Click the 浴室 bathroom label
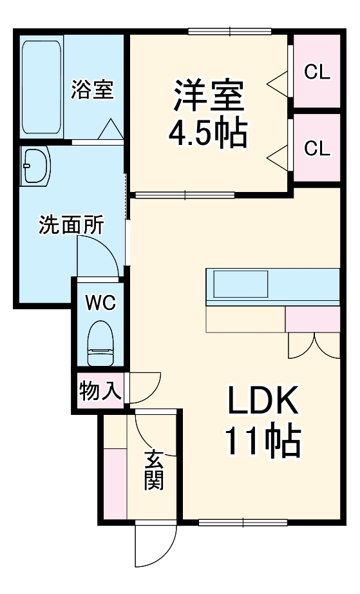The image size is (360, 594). [93, 90]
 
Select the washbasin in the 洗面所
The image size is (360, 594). [35, 166]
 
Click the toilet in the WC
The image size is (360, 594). [100, 345]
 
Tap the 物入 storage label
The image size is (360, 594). [100, 390]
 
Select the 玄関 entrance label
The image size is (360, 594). [153, 470]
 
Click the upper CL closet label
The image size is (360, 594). [317, 72]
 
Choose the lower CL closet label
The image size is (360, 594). [317, 149]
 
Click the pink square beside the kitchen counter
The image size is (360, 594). [312, 319]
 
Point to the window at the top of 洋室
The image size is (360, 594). [229, 31]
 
